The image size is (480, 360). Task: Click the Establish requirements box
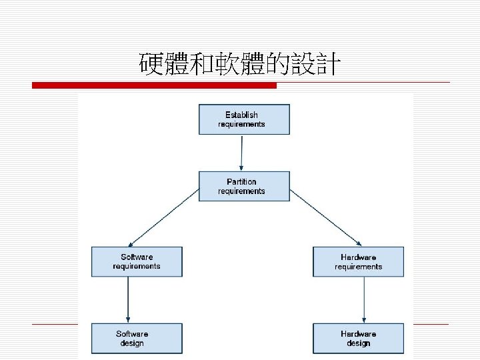[244, 119]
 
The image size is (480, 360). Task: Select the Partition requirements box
[244, 186]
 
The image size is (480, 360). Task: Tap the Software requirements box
[137, 261]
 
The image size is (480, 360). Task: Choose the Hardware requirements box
[359, 261]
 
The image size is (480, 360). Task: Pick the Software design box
[137, 338]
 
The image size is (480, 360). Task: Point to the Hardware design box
[359, 338]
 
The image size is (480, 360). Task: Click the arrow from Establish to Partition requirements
[242, 153]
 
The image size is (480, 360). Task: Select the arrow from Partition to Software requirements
[163, 217]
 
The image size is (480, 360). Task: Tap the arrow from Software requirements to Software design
[127, 299]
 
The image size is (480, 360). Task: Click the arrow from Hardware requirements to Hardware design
[364, 299]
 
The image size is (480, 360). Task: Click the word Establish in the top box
[241, 115]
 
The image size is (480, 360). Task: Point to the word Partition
[241, 181]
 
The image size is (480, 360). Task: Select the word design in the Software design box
[132, 343]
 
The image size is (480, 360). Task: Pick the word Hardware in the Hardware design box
[359, 333]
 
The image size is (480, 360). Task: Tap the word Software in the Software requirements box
[137, 257]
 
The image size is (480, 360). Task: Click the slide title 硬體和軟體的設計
[240, 65]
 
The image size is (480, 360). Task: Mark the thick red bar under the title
[155, 85]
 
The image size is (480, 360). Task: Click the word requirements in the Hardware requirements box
[359, 267]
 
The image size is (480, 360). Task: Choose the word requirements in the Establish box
[241, 125]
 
